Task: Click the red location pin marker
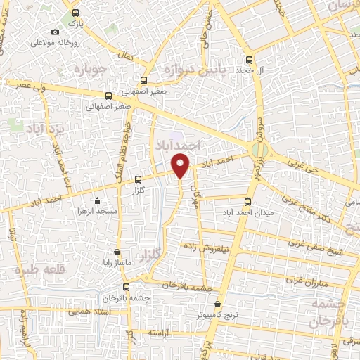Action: [181, 165]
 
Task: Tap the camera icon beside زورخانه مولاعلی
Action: [56, 32]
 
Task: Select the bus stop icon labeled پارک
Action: [75, 13]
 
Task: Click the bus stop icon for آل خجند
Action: [249, 60]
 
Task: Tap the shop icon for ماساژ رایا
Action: [117, 252]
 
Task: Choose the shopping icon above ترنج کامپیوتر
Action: [217, 305]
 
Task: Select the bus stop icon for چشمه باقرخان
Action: [127, 286]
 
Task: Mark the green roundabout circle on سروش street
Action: [259, 149]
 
